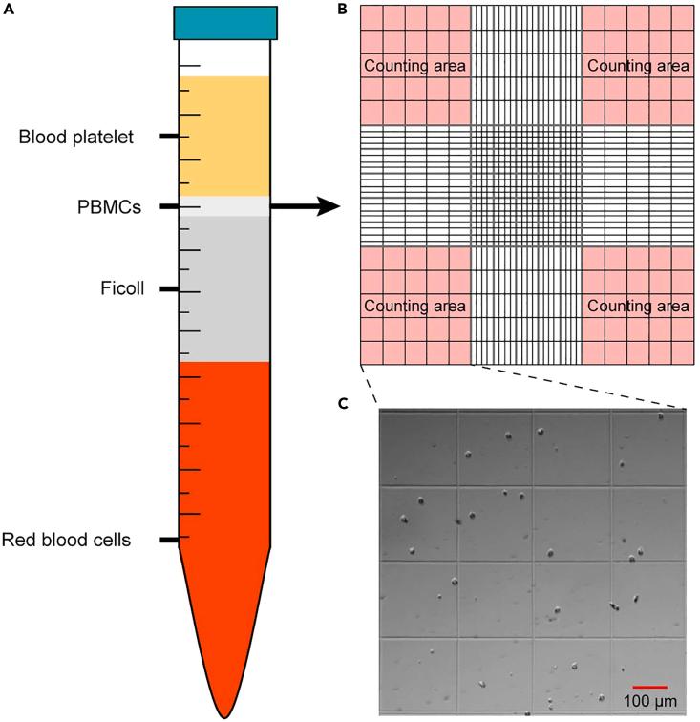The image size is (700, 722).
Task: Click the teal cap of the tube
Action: tap(225, 23)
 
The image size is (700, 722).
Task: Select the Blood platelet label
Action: tap(75, 138)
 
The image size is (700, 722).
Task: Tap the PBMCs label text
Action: tap(109, 206)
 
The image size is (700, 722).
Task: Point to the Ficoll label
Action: tap(123, 288)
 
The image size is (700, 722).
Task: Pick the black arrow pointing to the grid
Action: tap(306, 206)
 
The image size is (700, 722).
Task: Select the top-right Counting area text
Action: tap(638, 66)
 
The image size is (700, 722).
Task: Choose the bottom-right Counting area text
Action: tap(638, 307)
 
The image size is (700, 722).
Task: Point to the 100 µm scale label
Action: tap(649, 702)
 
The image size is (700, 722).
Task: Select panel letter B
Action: tap(345, 9)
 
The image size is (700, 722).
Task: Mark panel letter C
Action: tap(345, 403)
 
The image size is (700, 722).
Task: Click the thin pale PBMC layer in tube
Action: tap(225, 206)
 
